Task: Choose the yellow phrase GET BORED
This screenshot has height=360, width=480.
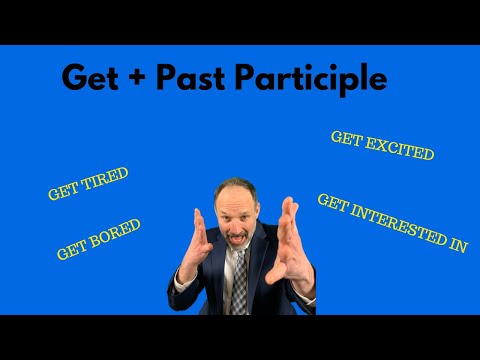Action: click(x=99, y=239)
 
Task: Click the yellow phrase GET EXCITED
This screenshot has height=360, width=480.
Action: click(x=382, y=147)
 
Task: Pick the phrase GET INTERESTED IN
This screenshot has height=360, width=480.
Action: click(x=392, y=222)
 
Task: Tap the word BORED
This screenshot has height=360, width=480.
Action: click(x=117, y=233)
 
